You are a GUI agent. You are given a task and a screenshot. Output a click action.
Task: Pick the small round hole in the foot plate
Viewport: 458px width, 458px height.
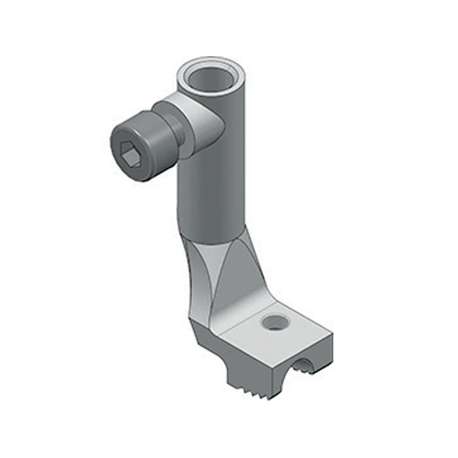274,322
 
